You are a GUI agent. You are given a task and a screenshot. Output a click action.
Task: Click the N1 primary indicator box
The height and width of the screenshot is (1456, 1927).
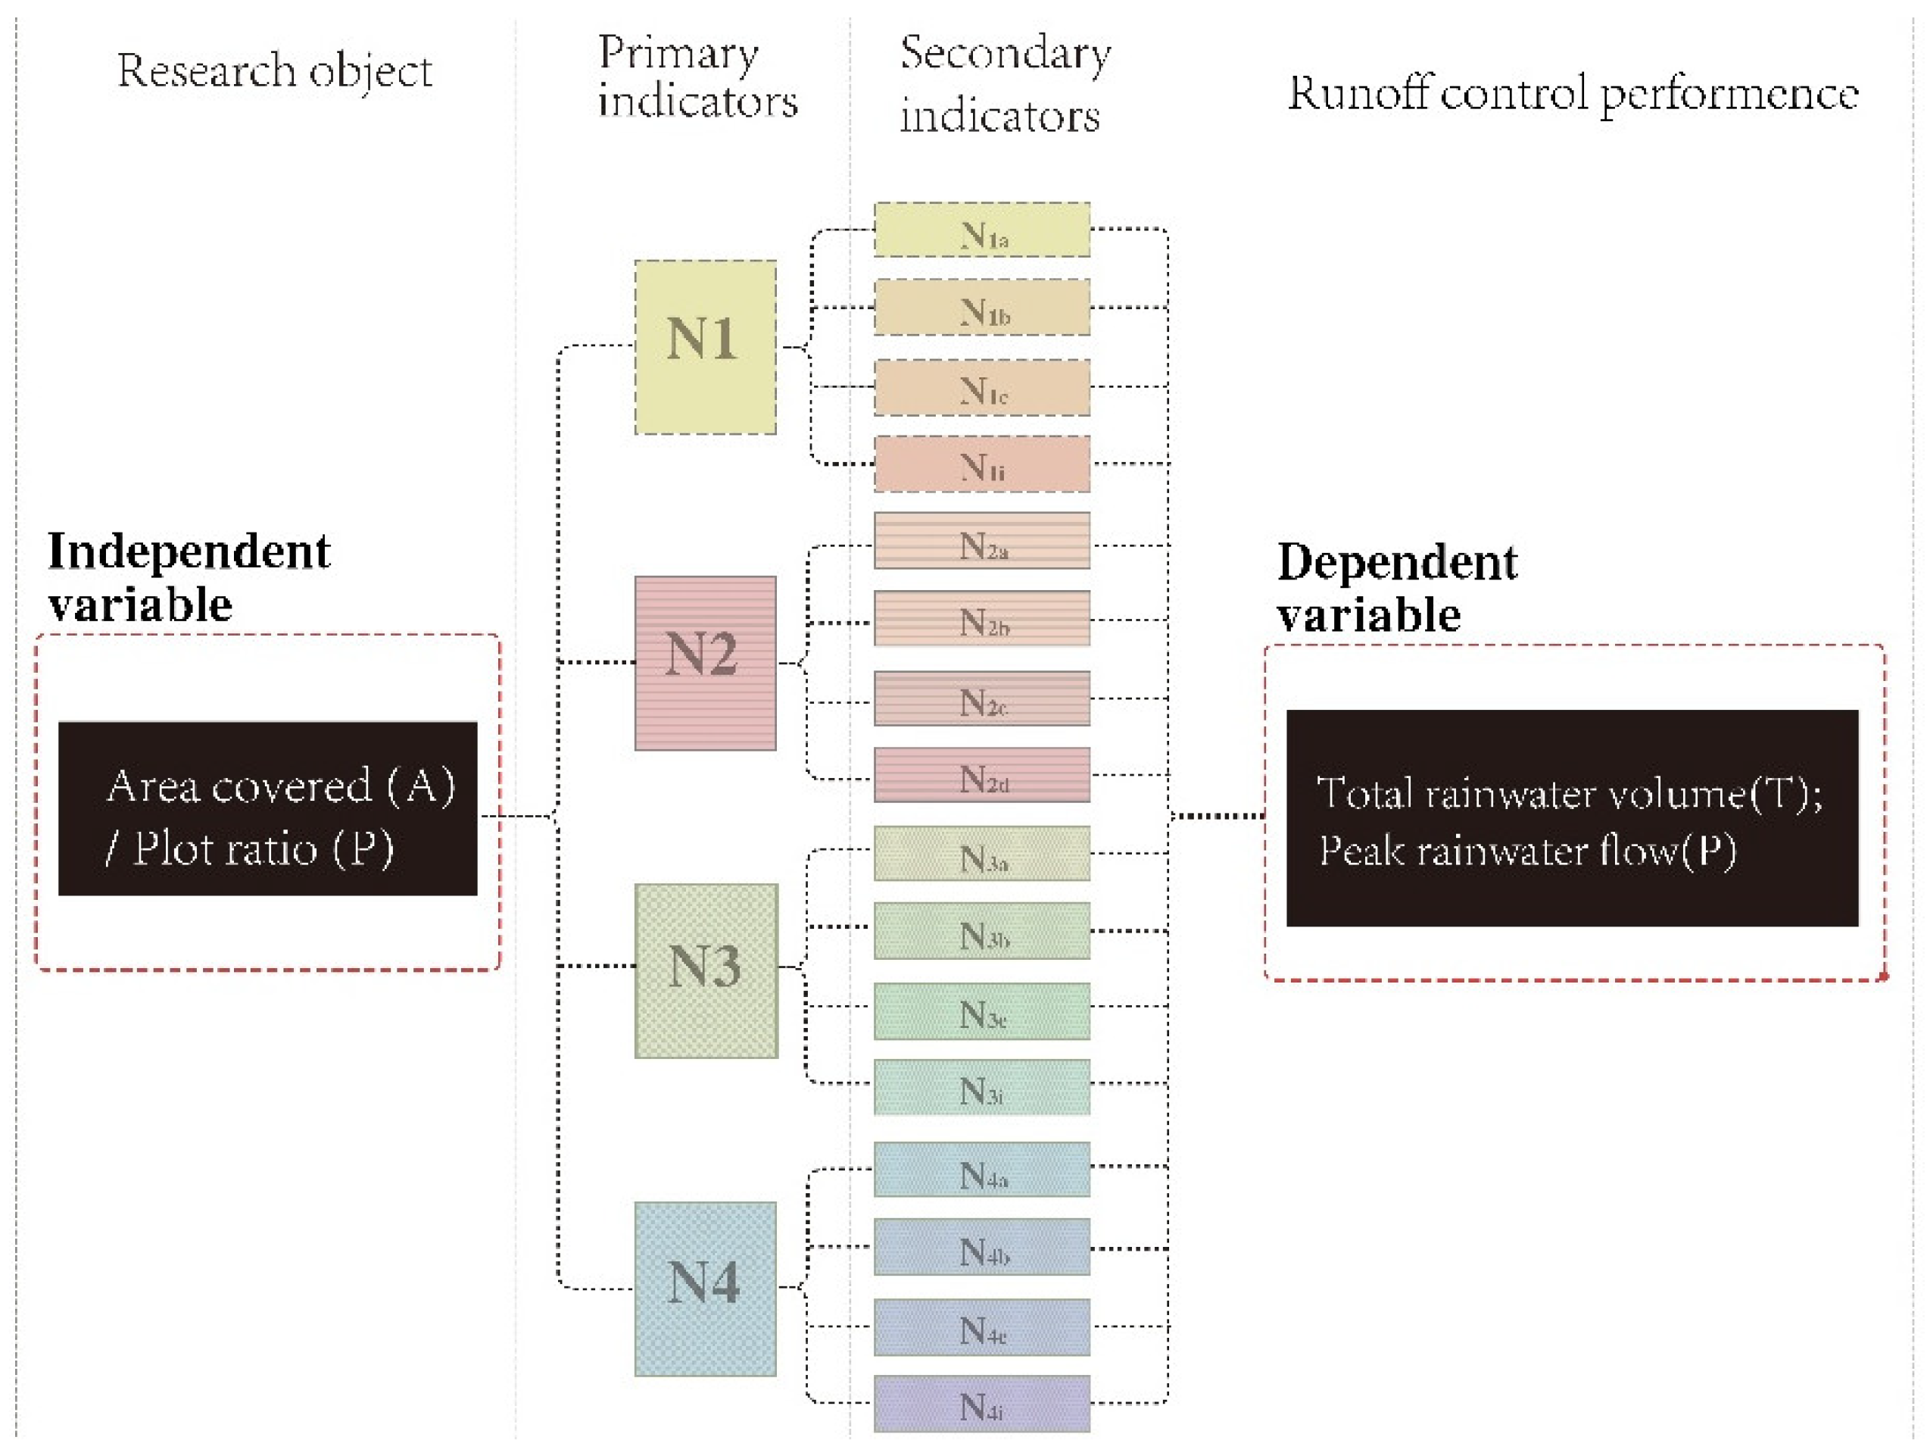point(705,347)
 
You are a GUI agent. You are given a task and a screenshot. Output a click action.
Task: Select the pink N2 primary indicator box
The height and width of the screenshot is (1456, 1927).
point(705,662)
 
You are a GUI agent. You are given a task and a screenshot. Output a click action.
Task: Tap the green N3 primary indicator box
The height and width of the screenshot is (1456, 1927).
point(706,970)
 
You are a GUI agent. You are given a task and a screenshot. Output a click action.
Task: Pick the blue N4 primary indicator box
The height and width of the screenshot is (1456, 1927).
point(705,1289)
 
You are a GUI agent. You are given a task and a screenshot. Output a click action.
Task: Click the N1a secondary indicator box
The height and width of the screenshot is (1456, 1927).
point(982,230)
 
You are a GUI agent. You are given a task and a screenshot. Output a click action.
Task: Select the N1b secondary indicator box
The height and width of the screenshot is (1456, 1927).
point(982,307)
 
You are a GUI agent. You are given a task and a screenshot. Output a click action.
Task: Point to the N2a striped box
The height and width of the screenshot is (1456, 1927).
point(982,540)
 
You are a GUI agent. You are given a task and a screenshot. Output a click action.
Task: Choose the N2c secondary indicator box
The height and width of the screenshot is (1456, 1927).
point(982,698)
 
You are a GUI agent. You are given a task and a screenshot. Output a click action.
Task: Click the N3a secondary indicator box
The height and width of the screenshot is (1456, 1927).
point(982,853)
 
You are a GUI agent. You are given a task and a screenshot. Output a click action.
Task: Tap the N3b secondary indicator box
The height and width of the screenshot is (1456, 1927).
point(982,930)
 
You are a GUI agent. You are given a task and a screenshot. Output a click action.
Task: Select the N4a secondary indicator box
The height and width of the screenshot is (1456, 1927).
point(982,1170)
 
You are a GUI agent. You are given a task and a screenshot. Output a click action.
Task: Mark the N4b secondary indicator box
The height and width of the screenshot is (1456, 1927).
point(982,1247)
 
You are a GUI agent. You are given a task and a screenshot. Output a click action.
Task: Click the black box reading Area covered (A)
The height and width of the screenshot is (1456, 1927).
point(267,808)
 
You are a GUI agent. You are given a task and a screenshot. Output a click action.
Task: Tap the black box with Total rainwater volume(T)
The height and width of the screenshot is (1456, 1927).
point(1572,817)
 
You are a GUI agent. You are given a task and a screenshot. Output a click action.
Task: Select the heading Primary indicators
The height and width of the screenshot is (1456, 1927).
point(697,77)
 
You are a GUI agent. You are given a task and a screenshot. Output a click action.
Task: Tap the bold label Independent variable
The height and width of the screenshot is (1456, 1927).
point(189,576)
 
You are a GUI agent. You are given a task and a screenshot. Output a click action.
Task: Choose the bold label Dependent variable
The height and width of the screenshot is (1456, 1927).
point(1396,587)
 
